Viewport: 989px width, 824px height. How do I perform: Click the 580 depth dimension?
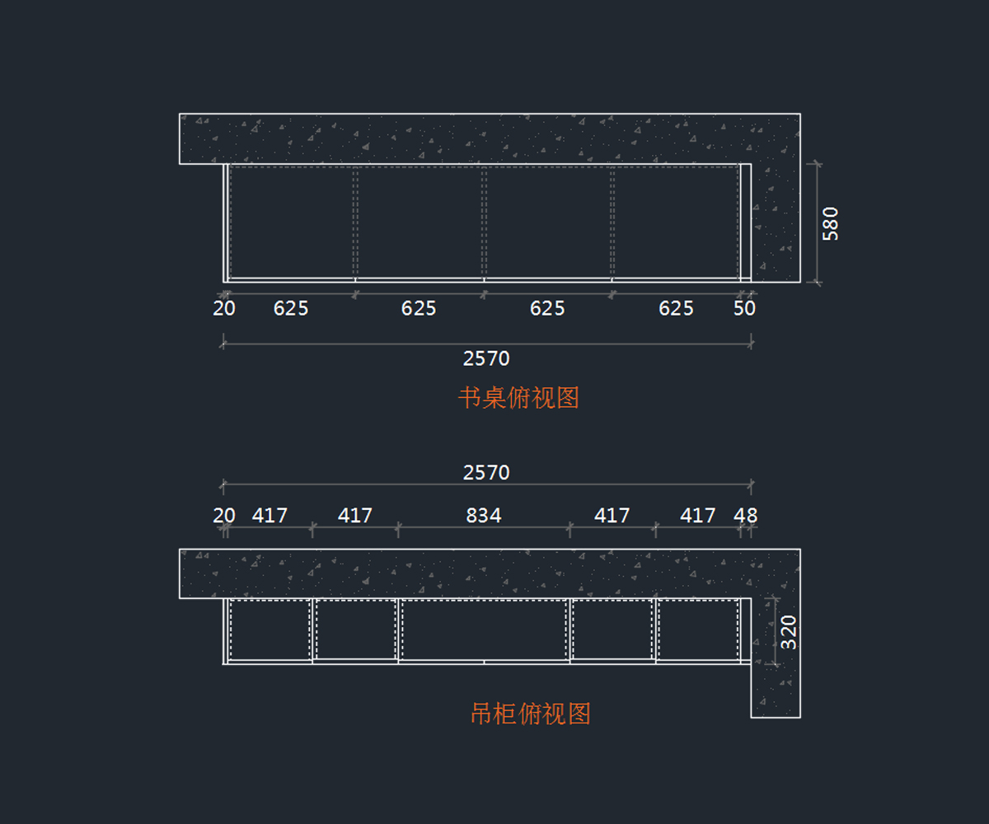(x=831, y=223)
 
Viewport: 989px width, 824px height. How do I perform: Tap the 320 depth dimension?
(x=789, y=632)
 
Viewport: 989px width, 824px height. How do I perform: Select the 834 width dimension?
(x=484, y=516)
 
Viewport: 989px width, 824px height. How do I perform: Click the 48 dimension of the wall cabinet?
(x=745, y=516)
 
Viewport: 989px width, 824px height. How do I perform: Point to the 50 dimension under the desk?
(x=744, y=308)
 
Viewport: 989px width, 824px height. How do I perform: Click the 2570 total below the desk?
(x=486, y=358)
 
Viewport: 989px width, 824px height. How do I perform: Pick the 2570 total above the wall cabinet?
(x=486, y=472)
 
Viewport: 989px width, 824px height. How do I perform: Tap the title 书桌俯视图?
(x=518, y=398)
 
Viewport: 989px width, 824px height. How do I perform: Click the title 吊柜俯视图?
(x=530, y=714)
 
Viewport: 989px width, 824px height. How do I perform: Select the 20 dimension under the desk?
(x=224, y=308)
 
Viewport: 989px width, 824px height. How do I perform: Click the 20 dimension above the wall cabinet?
(x=224, y=516)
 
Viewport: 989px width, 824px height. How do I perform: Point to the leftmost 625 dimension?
(x=291, y=308)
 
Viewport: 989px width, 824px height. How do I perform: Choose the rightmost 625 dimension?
(x=676, y=308)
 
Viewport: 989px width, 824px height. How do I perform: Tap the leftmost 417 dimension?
(x=270, y=516)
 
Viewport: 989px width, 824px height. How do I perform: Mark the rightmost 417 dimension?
(x=697, y=516)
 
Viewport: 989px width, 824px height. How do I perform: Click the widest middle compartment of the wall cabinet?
(x=484, y=630)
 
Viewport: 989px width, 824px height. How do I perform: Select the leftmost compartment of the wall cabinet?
(x=270, y=630)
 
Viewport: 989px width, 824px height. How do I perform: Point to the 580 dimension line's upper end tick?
(x=816, y=164)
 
